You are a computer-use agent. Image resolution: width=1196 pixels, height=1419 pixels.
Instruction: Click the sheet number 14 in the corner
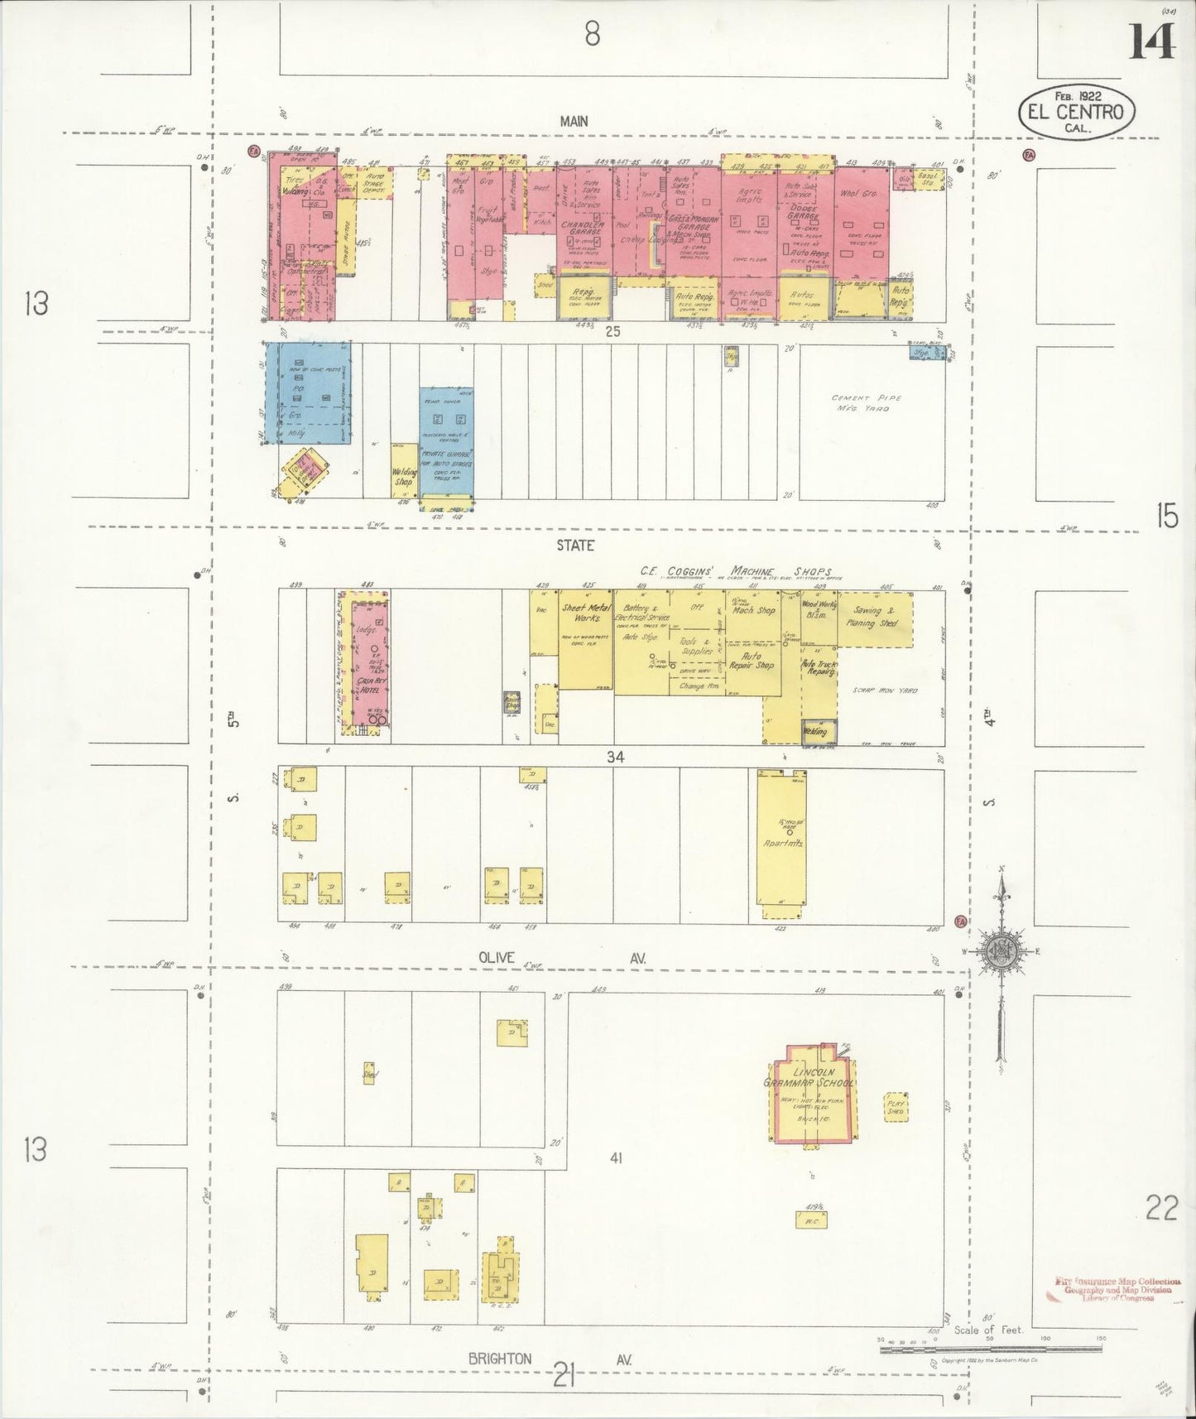point(1152,41)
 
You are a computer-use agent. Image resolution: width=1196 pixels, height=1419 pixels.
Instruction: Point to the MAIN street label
point(574,121)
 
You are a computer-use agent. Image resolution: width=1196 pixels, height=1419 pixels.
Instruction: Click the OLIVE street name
point(496,958)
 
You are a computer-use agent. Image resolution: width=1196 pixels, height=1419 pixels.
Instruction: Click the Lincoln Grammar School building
point(812,1095)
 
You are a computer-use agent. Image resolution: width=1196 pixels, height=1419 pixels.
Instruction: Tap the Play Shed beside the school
point(896,1107)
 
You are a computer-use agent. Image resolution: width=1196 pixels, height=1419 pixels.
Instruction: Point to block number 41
point(615,1158)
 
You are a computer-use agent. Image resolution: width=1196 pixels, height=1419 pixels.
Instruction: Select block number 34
point(614,756)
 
